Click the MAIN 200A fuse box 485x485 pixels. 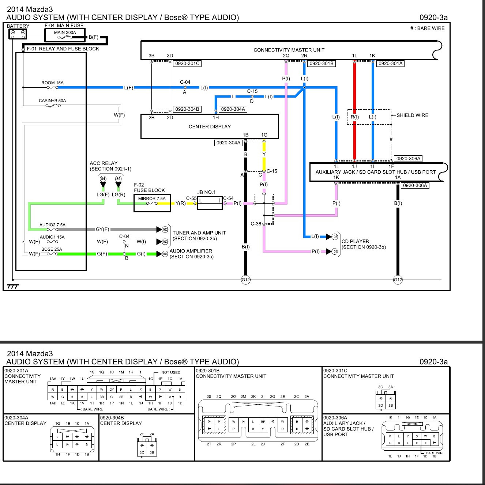pyautogui.click(x=65, y=35)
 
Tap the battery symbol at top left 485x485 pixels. pyautogui.click(x=18, y=34)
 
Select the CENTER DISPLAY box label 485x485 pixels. pyautogui.click(x=210, y=126)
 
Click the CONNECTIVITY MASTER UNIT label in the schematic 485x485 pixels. pyautogui.click(x=289, y=50)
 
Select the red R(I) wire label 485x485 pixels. pyautogui.click(x=354, y=117)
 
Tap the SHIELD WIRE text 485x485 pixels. pyautogui.click(x=412, y=115)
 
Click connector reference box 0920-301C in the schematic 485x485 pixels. pyautogui.click(x=187, y=63)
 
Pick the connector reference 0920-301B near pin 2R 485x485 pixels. pyautogui.click(x=321, y=63)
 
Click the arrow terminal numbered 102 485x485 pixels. pyautogui.click(x=165, y=230)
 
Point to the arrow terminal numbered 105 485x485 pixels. pyautogui.click(x=334, y=237)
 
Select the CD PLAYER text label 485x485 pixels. pyautogui.click(x=355, y=241)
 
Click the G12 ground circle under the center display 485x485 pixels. pyautogui.click(x=245, y=280)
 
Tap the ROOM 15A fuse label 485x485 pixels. pyautogui.click(x=52, y=83)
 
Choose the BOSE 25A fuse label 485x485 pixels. pyautogui.click(x=52, y=249)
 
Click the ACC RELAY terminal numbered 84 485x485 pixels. pyautogui.click(x=103, y=179)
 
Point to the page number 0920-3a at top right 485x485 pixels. pyautogui.click(x=433, y=18)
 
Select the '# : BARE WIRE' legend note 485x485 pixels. pyautogui.click(x=427, y=28)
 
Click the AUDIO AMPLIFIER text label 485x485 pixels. pyautogui.click(x=191, y=251)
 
